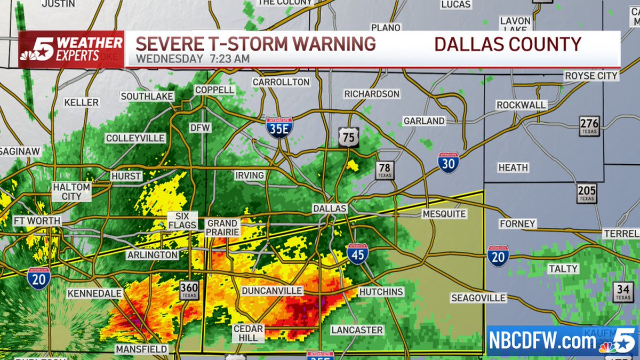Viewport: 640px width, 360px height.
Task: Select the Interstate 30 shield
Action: click(x=449, y=163)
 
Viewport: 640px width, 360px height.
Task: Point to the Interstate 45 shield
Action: click(x=357, y=254)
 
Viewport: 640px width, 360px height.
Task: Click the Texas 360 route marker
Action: click(x=189, y=290)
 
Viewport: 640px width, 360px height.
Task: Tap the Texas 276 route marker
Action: click(x=589, y=127)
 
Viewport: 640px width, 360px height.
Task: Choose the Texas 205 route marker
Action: click(x=587, y=193)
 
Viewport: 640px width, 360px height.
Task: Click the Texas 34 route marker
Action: click(x=622, y=292)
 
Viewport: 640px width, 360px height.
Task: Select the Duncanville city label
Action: click(x=272, y=291)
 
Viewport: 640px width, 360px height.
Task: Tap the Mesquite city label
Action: click(x=444, y=214)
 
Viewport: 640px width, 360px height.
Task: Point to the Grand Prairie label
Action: click(x=222, y=227)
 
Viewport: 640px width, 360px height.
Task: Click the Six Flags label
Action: click(x=182, y=221)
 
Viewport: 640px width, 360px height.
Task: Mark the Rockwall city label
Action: click(x=521, y=105)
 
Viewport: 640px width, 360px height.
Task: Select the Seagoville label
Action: click(x=478, y=298)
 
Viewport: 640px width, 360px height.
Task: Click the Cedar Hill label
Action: click(x=248, y=333)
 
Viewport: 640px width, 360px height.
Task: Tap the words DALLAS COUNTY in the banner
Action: click(x=507, y=44)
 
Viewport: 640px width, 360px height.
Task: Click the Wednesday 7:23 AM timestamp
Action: click(x=193, y=59)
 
